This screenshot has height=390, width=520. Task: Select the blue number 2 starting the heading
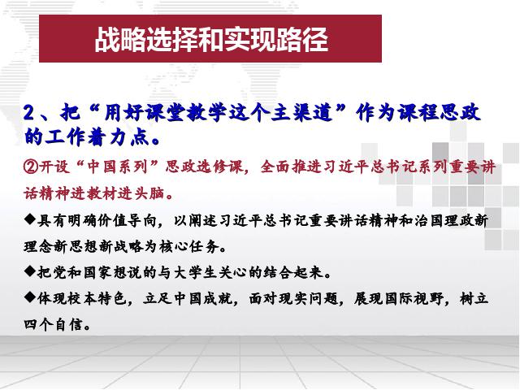[x=29, y=113]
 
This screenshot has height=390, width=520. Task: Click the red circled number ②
[x=31, y=166]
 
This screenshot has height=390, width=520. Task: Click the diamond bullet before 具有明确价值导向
[x=29, y=219]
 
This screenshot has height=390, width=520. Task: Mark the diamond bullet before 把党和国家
[x=29, y=271]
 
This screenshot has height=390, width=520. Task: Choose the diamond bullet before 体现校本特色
[x=29, y=297]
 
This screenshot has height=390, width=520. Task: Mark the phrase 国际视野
[x=414, y=298]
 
